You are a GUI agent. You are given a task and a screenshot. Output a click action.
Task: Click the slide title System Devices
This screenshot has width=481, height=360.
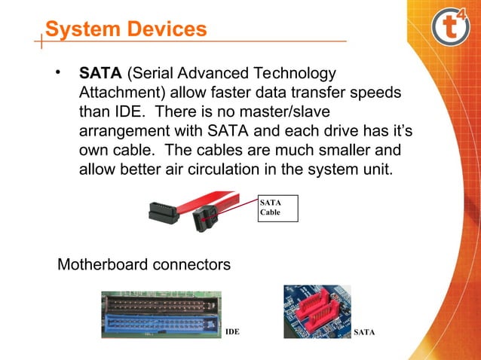click(x=125, y=29)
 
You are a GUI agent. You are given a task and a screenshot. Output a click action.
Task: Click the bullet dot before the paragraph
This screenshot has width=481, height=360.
click(x=57, y=74)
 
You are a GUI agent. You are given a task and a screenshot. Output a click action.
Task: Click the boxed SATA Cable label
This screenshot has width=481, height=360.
click(x=278, y=208)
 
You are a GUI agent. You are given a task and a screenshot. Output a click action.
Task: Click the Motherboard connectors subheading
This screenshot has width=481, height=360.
click(x=144, y=266)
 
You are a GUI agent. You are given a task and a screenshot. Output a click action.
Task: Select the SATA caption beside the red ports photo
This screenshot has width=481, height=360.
click(x=365, y=332)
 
